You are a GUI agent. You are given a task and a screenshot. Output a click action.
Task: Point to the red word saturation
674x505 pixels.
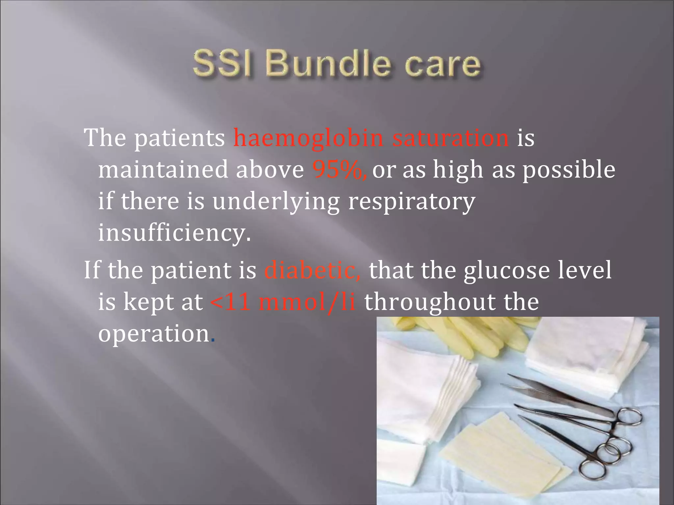click(451, 138)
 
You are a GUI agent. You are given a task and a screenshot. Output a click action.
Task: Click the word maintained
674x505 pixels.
click(163, 170)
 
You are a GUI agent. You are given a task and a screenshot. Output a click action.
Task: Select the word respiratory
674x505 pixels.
click(412, 202)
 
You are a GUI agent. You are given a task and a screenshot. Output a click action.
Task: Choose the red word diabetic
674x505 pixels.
click(312, 270)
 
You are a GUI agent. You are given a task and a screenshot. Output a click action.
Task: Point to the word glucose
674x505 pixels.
click(506, 270)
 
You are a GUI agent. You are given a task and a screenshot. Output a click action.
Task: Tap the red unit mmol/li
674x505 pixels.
click(307, 302)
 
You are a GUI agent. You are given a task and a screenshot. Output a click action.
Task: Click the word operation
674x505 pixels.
click(154, 333)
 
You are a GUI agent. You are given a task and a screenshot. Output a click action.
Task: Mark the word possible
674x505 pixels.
click(569, 170)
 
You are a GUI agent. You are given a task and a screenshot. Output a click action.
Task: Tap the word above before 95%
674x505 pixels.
click(270, 170)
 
